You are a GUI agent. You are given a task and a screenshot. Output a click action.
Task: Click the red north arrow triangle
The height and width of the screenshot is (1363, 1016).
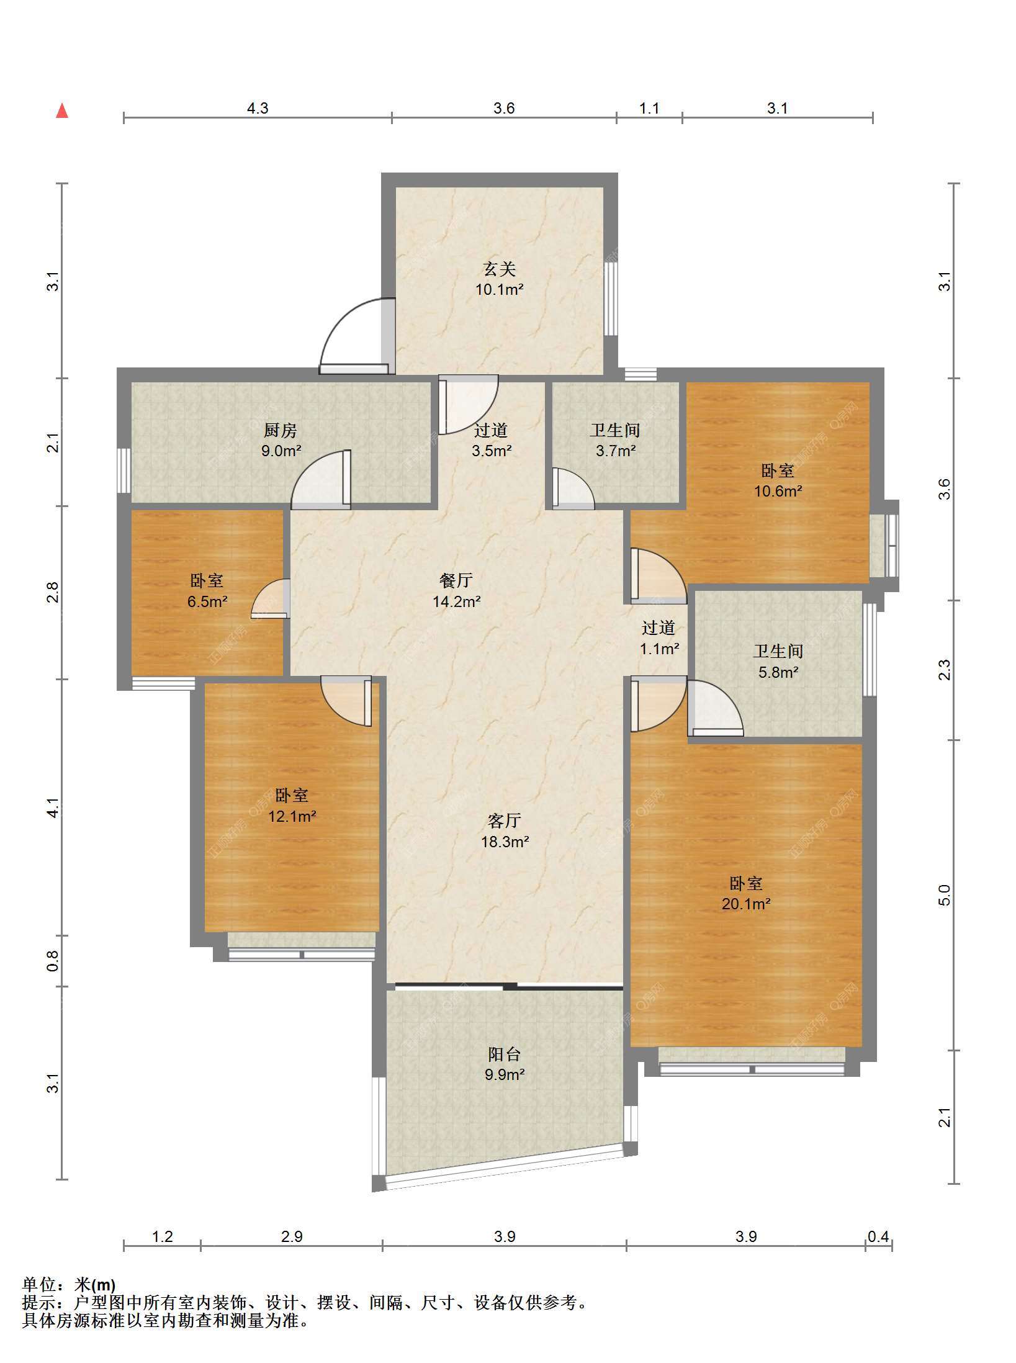click(x=62, y=110)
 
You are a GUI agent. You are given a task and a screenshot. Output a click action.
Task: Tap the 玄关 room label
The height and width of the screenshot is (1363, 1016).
click(x=500, y=269)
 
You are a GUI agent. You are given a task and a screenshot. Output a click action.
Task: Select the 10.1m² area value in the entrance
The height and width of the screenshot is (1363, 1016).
click(x=500, y=289)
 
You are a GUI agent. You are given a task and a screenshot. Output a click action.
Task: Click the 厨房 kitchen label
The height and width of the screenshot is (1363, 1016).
click(x=281, y=430)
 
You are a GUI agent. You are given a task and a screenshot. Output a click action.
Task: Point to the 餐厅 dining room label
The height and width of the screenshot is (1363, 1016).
click(x=456, y=580)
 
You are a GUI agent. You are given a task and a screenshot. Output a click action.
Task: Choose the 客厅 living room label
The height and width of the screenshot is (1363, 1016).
click(x=504, y=821)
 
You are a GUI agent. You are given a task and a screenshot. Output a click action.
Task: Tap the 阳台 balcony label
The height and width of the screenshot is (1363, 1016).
click(x=505, y=1054)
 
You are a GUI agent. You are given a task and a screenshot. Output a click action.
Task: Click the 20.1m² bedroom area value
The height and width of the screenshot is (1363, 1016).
click(x=746, y=904)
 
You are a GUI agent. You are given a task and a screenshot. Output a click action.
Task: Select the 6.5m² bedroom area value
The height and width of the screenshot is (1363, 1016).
click(x=207, y=601)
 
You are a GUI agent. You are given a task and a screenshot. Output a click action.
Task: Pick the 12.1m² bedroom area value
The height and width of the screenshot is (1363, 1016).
click(x=292, y=816)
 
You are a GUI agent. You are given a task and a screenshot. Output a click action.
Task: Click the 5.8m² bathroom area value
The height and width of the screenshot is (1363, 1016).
click(x=778, y=672)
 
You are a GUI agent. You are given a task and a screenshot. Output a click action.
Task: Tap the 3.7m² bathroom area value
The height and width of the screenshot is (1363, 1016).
click(x=616, y=451)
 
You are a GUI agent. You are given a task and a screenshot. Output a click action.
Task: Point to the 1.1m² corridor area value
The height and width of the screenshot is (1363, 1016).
click(x=659, y=649)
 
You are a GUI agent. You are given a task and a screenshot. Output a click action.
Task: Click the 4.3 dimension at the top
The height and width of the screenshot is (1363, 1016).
click(x=258, y=109)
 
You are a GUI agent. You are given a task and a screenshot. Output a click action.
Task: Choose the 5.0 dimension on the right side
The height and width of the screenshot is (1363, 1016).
click(x=944, y=895)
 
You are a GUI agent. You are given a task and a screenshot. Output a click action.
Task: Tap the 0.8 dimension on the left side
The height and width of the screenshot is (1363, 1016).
click(x=53, y=961)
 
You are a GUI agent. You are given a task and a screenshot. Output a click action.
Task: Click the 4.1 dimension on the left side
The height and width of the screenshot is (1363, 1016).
click(x=53, y=807)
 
